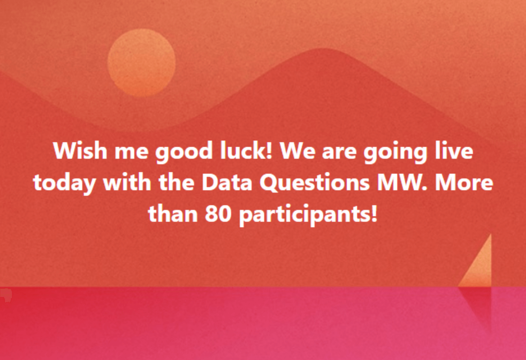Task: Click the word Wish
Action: (x=80, y=150)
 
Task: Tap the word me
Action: (x=131, y=153)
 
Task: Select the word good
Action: (x=184, y=152)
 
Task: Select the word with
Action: (x=127, y=182)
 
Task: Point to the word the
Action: (x=176, y=182)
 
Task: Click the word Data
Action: (x=227, y=182)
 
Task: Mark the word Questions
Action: (x=315, y=183)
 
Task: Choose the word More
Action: (x=464, y=182)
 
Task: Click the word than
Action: (x=173, y=213)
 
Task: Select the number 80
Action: (x=218, y=213)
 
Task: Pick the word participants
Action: (x=308, y=215)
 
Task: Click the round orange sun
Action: (x=142, y=63)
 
